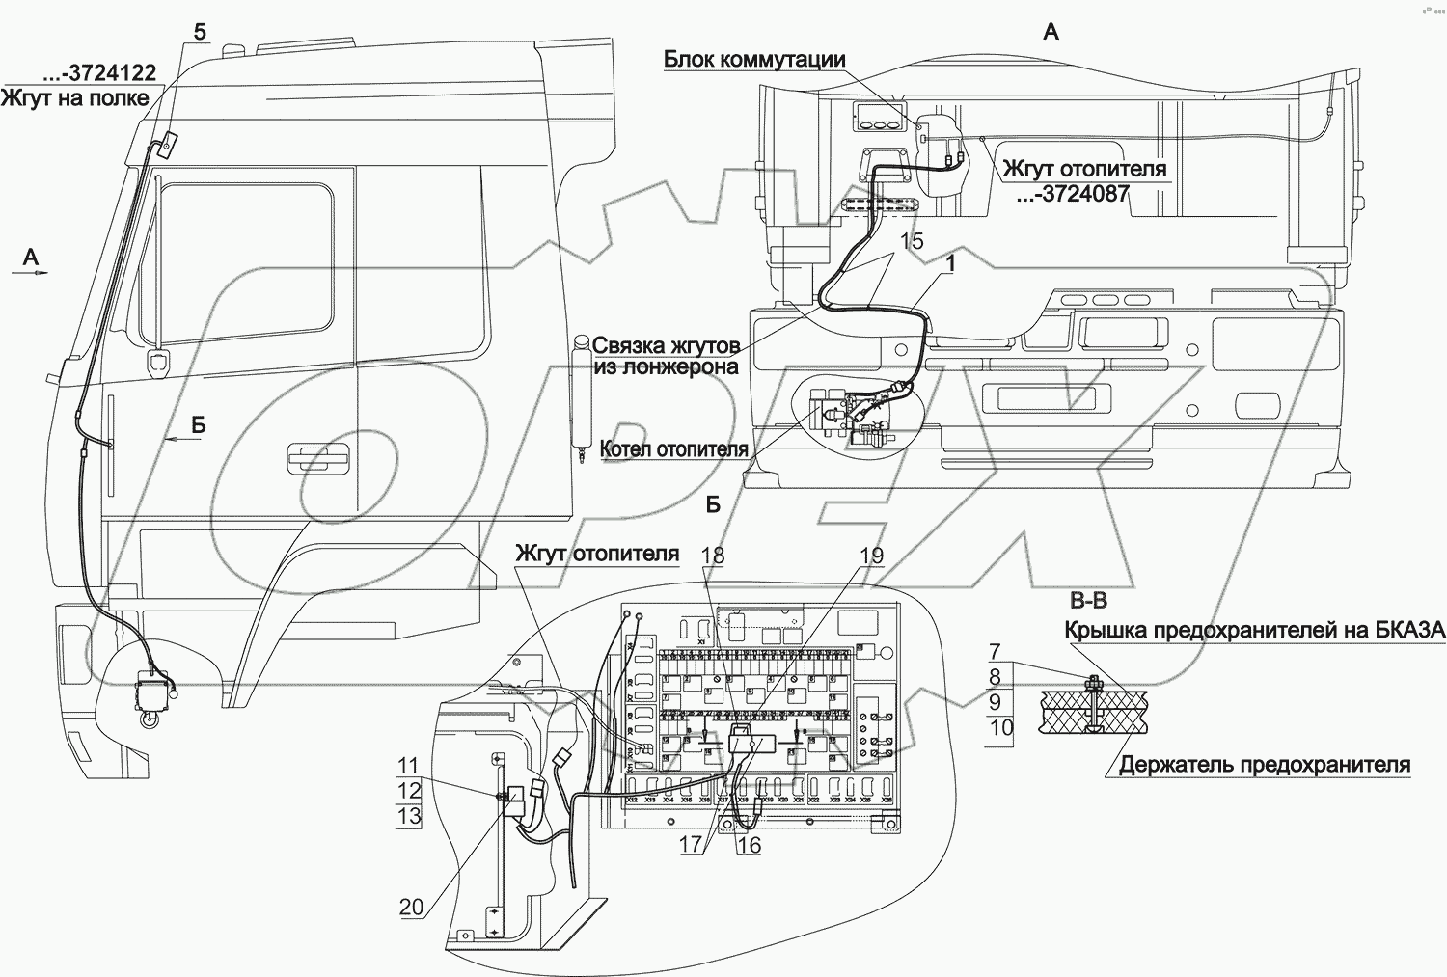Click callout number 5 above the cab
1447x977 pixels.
200,32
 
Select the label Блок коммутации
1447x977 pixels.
754,60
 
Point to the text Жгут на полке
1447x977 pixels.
75,97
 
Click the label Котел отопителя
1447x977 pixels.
673,449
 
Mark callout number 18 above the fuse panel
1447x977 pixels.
713,556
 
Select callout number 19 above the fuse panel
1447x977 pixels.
871,556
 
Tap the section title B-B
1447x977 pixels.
1088,601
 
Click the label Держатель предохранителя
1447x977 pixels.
1264,766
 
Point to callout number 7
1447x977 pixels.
996,652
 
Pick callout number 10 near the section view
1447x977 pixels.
1001,727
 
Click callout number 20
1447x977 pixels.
411,907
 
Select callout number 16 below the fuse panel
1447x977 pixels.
749,846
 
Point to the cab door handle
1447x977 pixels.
312,455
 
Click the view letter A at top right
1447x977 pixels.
1051,32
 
